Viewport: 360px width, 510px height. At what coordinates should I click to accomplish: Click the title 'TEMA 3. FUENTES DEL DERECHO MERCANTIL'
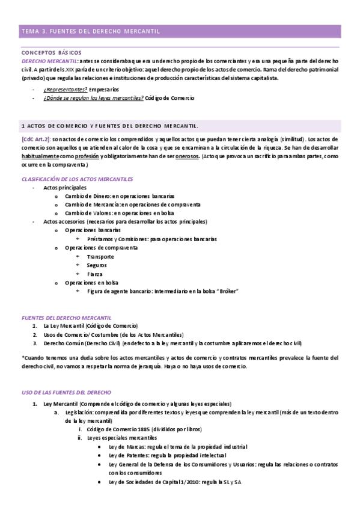click(90, 30)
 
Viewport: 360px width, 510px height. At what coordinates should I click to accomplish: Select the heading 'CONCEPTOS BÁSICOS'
click(51, 53)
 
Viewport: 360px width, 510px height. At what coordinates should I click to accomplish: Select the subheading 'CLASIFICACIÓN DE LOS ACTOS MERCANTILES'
click(77, 179)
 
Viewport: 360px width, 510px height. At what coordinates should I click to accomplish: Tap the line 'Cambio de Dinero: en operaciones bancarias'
click(120, 196)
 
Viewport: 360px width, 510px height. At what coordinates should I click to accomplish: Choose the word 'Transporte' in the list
click(100, 256)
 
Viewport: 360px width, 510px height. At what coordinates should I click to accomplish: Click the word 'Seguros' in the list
click(97, 265)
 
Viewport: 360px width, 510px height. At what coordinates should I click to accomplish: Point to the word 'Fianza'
click(96, 274)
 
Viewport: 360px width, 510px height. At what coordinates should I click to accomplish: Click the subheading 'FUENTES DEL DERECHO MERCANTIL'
click(66, 318)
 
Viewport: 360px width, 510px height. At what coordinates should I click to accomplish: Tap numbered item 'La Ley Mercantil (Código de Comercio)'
click(91, 326)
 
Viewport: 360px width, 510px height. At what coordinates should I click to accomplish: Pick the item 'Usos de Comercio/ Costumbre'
click(81, 334)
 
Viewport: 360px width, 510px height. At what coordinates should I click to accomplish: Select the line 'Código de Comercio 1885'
click(118, 429)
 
